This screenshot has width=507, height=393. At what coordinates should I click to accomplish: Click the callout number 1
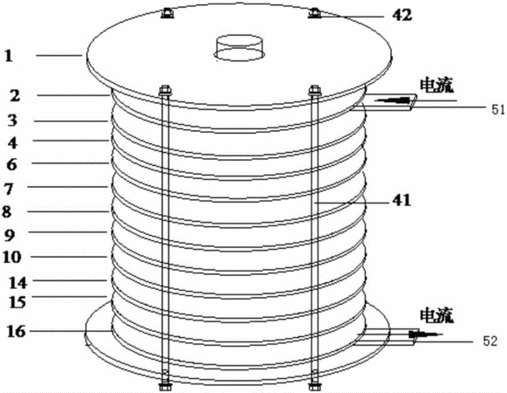(x=9, y=56)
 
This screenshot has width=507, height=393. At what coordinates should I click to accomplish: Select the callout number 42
(x=402, y=15)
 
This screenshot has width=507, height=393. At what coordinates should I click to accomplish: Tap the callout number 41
(x=401, y=200)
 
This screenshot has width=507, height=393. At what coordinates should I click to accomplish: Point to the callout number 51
(x=498, y=110)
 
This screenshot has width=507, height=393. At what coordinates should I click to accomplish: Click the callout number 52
(x=490, y=341)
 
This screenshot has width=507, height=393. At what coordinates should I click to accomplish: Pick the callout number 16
(x=17, y=332)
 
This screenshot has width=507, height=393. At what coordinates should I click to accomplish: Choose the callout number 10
(x=12, y=258)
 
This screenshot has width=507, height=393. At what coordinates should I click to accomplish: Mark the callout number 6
(x=11, y=165)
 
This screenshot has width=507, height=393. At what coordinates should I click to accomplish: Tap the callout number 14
(x=17, y=283)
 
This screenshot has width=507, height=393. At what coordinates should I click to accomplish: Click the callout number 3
(x=12, y=121)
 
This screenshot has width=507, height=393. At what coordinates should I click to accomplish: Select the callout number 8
(x=7, y=212)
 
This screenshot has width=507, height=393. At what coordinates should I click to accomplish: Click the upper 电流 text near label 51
(x=436, y=86)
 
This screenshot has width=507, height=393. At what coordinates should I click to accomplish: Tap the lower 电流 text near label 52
(x=436, y=315)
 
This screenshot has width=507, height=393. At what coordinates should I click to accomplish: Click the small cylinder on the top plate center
(x=239, y=47)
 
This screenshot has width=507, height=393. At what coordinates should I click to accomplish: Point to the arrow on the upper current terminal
(x=395, y=100)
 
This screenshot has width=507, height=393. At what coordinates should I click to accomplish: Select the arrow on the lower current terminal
(x=425, y=334)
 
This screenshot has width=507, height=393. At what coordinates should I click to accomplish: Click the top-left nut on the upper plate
(x=168, y=13)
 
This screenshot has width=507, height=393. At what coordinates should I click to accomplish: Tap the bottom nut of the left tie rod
(x=165, y=386)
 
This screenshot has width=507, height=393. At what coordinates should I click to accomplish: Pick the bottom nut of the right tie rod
(x=313, y=386)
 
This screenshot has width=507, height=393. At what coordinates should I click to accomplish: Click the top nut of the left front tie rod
(x=165, y=90)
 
